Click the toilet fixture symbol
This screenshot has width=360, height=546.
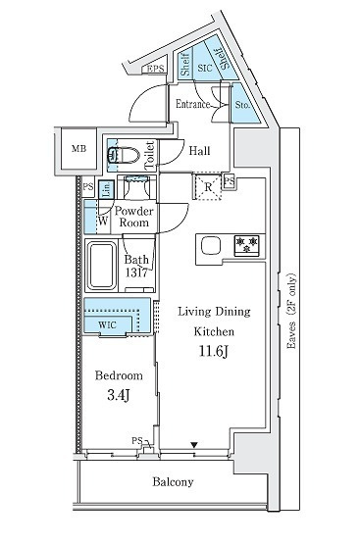pyautogui.click(x=123, y=155)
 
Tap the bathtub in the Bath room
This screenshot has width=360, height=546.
pyautogui.click(x=102, y=266)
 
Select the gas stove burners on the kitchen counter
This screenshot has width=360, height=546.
pyautogui.click(x=247, y=245)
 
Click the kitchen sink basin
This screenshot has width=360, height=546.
pyautogui.click(x=211, y=245)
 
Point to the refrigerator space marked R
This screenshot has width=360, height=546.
pyautogui.click(x=208, y=187)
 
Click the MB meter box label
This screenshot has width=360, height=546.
pyautogui.click(x=79, y=149)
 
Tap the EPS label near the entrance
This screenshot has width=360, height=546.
pyautogui.click(x=155, y=69)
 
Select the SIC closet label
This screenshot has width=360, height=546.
pyautogui.click(x=205, y=68)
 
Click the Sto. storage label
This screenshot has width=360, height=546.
pyautogui.click(x=242, y=105)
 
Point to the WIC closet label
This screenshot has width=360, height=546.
pyautogui.click(x=107, y=325)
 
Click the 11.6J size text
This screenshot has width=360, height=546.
pyautogui.click(x=214, y=351)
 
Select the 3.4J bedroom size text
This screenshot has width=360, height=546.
pyautogui.click(x=119, y=395)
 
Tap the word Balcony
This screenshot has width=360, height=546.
pyautogui.click(x=173, y=482)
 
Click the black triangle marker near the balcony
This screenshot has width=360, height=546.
pyautogui.click(x=194, y=445)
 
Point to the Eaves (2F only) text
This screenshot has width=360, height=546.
pyautogui.click(x=291, y=311)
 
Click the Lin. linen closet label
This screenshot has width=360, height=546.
pyautogui.click(x=107, y=189)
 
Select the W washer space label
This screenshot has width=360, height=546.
pyautogui.click(x=103, y=221)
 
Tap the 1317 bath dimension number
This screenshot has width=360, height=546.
pyautogui.click(x=136, y=273)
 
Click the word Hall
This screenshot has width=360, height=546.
pyautogui.click(x=199, y=151)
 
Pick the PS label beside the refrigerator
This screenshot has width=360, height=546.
pyautogui.click(x=229, y=181)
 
